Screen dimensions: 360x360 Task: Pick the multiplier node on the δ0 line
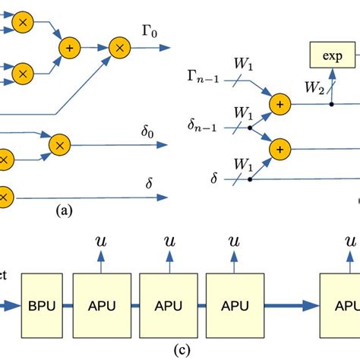click(60, 143)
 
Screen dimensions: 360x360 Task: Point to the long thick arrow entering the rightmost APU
click(292, 305)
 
